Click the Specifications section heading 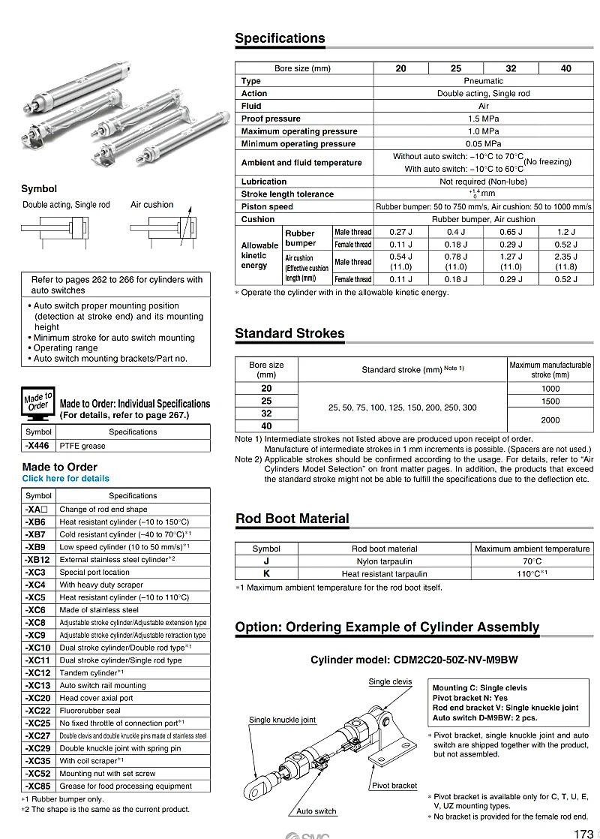pyautogui.click(x=280, y=38)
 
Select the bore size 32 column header pyautogui.click(x=511, y=68)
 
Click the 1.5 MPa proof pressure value pyautogui.click(x=484, y=119)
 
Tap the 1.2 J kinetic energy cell pyautogui.click(x=565, y=233)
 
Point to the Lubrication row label pyautogui.click(x=264, y=182)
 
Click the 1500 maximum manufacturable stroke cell pyautogui.click(x=550, y=401)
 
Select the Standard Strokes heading pyautogui.click(x=289, y=333)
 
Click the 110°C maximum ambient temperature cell pyautogui.click(x=532, y=574)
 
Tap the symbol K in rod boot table pyautogui.click(x=266, y=574)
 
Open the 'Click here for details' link pyautogui.click(x=65, y=479)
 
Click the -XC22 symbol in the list pyautogui.click(x=37, y=711)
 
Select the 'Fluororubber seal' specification pyautogui.click(x=90, y=711)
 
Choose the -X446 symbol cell pyautogui.click(x=38, y=446)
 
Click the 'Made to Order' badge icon pyautogui.click(x=37, y=402)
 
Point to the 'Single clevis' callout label pyautogui.click(x=390, y=681)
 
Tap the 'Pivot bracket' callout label pyautogui.click(x=394, y=786)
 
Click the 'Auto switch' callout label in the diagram pyautogui.click(x=316, y=811)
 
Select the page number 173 pyautogui.click(x=583, y=833)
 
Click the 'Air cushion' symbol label pyautogui.click(x=151, y=205)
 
